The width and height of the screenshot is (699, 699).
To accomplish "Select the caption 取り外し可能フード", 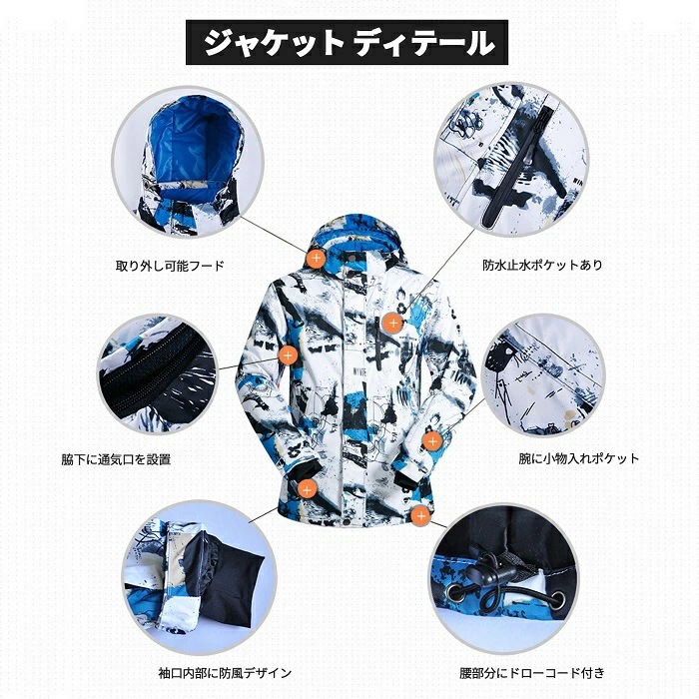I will [x=169, y=267].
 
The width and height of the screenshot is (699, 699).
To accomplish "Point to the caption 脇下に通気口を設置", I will [x=116, y=460].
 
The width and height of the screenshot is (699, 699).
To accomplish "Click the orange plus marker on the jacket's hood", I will [x=316, y=258].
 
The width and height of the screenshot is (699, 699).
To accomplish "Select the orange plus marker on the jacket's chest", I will [x=392, y=323].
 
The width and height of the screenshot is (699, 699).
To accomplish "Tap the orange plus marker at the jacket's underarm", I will [x=288, y=352].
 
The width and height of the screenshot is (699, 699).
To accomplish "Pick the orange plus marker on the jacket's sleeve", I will [x=431, y=439].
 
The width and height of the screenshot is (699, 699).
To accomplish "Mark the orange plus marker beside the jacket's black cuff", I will [x=308, y=488].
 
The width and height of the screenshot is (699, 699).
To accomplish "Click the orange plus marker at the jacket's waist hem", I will [x=420, y=516].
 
